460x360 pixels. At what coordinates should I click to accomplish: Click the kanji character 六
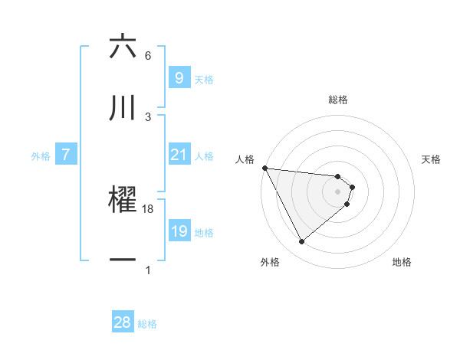coord(123,47)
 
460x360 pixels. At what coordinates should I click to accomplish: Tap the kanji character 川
coord(123,108)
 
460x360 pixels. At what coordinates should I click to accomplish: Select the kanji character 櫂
coord(123,198)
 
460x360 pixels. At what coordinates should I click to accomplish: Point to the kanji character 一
coord(123,260)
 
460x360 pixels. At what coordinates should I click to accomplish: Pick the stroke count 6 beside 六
coord(148,56)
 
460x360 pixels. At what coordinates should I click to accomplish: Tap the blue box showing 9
coord(179,78)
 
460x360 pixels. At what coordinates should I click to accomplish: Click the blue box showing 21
coord(179,155)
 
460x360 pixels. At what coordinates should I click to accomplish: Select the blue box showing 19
coord(179,231)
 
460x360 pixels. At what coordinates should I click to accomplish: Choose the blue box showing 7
coord(66,155)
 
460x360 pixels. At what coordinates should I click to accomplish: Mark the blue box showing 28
coord(123,322)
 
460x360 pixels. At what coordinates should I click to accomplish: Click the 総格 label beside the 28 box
coord(147,324)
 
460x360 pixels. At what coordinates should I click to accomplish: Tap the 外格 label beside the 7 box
coord(41,156)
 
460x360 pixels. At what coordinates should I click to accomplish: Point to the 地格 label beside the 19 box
coord(204,233)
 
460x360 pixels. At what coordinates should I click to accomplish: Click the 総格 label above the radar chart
coord(338,100)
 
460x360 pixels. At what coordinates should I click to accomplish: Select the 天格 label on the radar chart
coord(432,159)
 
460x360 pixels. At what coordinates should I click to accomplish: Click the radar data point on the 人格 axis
coord(264,168)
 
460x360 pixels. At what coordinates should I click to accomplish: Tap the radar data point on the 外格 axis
coord(301,242)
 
